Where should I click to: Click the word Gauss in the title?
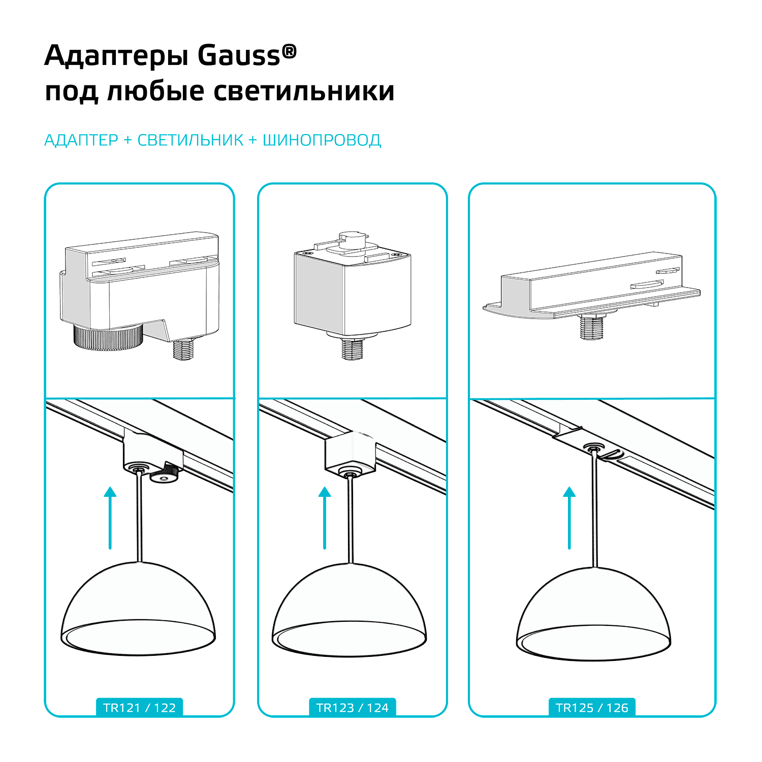point(239,55)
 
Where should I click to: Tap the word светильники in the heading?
point(304,91)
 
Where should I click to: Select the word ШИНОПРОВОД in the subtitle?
point(322,140)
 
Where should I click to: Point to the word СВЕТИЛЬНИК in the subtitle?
point(190,140)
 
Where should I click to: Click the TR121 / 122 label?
point(139,708)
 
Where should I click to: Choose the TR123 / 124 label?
point(352,708)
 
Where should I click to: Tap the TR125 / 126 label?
point(592,708)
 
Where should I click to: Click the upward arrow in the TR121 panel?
point(110,518)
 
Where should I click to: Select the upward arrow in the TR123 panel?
point(325,518)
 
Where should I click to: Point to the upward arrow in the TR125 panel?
point(569,518)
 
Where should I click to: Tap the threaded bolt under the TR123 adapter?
point(352,348)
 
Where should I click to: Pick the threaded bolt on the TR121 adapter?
point(183,349)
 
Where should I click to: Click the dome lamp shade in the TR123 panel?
point(350,610)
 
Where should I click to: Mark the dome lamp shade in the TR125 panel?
point(594,613)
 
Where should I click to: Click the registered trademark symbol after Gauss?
point(289,51)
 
